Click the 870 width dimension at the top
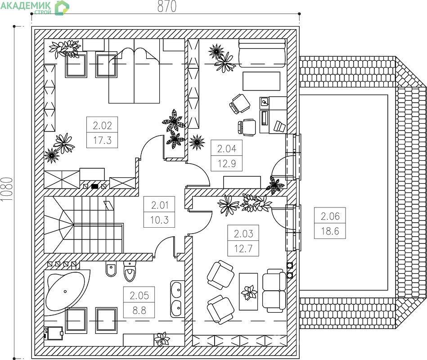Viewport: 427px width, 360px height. point(166,7)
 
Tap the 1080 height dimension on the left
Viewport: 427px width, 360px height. point(7,189)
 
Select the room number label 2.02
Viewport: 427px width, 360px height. point(103,126)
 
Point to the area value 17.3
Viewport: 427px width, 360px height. point(103,140)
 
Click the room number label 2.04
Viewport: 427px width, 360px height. point(227,148)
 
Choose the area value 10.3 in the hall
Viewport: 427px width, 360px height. point(160,220)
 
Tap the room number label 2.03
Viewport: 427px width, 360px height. point(243,234)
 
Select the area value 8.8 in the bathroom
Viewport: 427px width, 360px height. point(139,310)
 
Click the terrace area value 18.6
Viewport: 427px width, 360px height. point(330,231)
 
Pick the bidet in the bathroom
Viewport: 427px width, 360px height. point(111,270)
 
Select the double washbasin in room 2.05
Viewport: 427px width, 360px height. point(176,299)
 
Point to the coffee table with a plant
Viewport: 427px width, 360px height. point(248,292)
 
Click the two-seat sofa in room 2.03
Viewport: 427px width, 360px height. point(274,291)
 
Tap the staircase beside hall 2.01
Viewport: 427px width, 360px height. point(83,225)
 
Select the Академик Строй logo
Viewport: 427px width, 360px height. point(35,7)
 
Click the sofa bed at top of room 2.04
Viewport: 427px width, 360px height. point(262,53)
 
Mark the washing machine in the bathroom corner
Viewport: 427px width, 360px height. point(54,333)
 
